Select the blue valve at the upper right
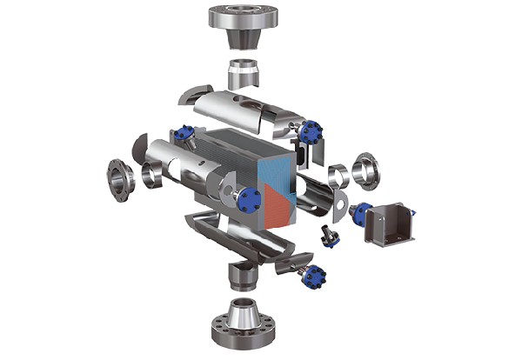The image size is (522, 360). [x=311, y=132]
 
